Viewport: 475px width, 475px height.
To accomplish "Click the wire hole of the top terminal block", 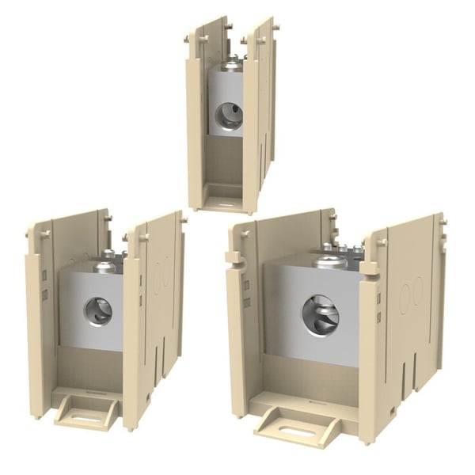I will [x=229, y=116].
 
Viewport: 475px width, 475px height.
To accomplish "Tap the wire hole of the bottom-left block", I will [x=99, y=310].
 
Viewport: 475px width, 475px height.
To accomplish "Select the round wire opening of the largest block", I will [x=320, y=314].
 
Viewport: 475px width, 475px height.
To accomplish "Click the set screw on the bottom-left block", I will [x=105, y=267].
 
